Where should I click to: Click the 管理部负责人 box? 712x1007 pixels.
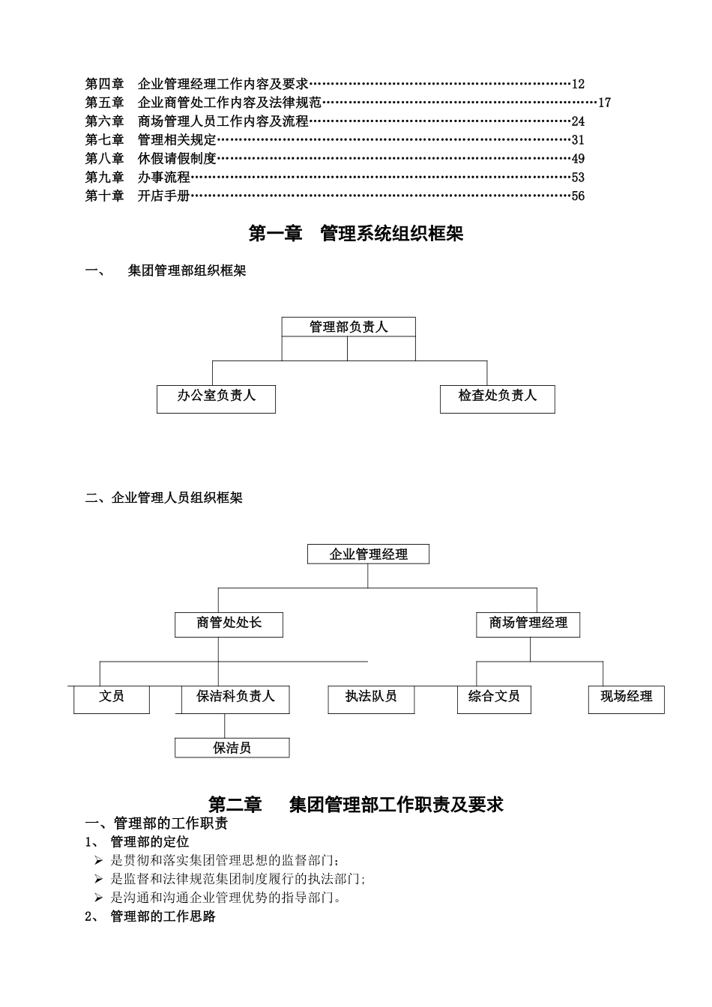(349, 327)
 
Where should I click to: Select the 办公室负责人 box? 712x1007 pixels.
(216, 399)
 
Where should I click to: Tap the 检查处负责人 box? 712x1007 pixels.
(497, 399)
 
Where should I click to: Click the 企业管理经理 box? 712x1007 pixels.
(368, 554)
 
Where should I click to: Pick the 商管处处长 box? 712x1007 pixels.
(229, 624)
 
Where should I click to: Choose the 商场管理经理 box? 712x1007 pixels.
(528, 624)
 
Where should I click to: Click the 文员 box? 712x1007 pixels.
(112, 699)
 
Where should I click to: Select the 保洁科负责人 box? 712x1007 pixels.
(235, 699)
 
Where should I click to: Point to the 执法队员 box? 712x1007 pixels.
(371, 699)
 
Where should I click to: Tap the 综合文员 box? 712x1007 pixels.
(494, 699)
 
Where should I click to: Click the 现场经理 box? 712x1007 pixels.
(626, 699)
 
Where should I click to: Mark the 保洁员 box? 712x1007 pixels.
(232, 748)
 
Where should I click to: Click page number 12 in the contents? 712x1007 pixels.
(578, 84)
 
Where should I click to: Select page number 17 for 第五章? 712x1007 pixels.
(604, 103)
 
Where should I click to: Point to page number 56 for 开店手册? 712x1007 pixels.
(578, 196)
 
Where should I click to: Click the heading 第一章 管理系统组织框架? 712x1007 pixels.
(356, 234)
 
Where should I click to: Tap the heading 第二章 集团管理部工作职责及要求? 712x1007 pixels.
(356, 805)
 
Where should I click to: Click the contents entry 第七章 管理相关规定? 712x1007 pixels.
(151, 140)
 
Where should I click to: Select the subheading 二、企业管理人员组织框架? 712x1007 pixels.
(164, 498)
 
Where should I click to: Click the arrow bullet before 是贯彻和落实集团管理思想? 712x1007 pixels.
(99, 860)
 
